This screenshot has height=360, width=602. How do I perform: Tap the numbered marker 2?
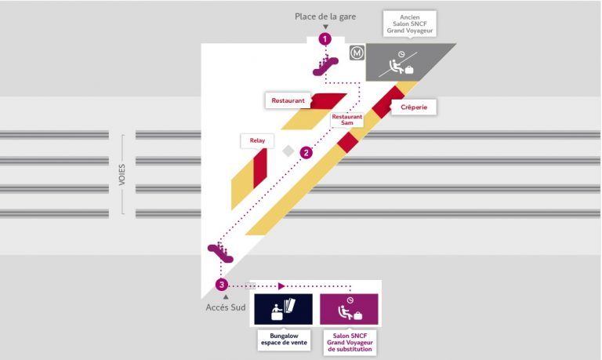pyautogui.click(x=306, y=152)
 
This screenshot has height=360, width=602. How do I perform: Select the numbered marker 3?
pyautogui.click(x=222, y=284)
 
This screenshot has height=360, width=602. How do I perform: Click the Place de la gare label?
pyautogui.click(x=325, y=16)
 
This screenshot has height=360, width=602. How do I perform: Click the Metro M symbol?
pyautogui.click(x=357, y=53)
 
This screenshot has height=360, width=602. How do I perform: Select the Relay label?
pyautogui.click(x=257, y=140)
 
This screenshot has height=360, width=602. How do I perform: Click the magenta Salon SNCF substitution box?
pyautogui.click(x=348, y=310)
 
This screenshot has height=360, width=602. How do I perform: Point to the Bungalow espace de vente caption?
pyautogui.click(x=282, y=340)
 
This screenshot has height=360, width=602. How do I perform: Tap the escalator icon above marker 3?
pyautogui.click(x=219, y=252)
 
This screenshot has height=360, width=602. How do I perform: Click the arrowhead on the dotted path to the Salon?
pyautogui.click(x=282, y=285)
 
